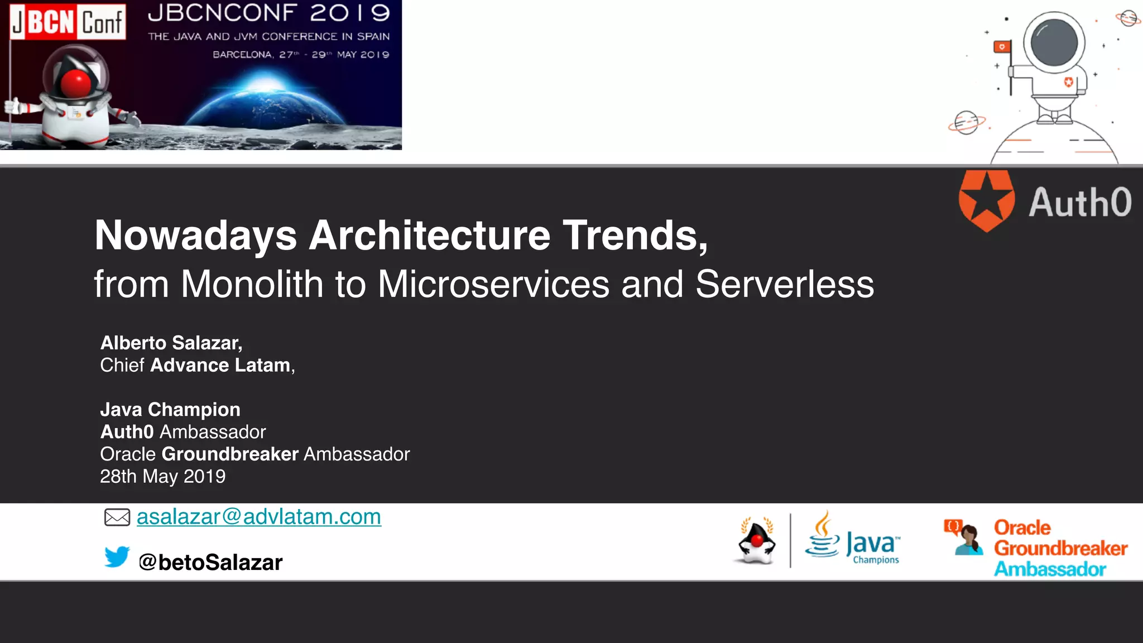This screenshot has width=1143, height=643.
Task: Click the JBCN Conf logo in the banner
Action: click(x=68, y=22)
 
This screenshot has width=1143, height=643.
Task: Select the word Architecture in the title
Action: click(x=430, y=236)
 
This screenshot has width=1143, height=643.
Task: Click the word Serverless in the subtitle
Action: click(x=784, y=285)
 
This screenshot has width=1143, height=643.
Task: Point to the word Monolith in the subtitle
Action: click(x=252, y=285)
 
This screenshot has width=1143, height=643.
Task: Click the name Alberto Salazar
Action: click(x=171, y=343)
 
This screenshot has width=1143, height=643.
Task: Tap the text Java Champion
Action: click(x=170, y=410)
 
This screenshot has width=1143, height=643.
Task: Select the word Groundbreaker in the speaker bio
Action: click(x=230, y=454)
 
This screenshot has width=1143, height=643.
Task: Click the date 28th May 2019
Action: click(x=163, y=477)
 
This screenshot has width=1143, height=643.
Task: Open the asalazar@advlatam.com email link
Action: click(x=259, y=517)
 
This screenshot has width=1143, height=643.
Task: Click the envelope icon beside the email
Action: click(x=117, y=517)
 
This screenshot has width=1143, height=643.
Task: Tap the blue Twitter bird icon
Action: click(x=117, y=556)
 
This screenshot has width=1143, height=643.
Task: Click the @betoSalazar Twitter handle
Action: click(x=210, y=562)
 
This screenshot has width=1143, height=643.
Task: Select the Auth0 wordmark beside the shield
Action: click(x=1080, y=202)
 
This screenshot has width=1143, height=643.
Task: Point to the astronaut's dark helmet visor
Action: click(x=1054, y=43)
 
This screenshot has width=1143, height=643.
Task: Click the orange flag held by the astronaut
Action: click(x=1002, y=47)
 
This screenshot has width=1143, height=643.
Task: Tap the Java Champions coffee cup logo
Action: click(x=822, y=536)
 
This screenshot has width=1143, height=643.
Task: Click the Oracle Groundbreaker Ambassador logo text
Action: click(x=1060, y=548)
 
